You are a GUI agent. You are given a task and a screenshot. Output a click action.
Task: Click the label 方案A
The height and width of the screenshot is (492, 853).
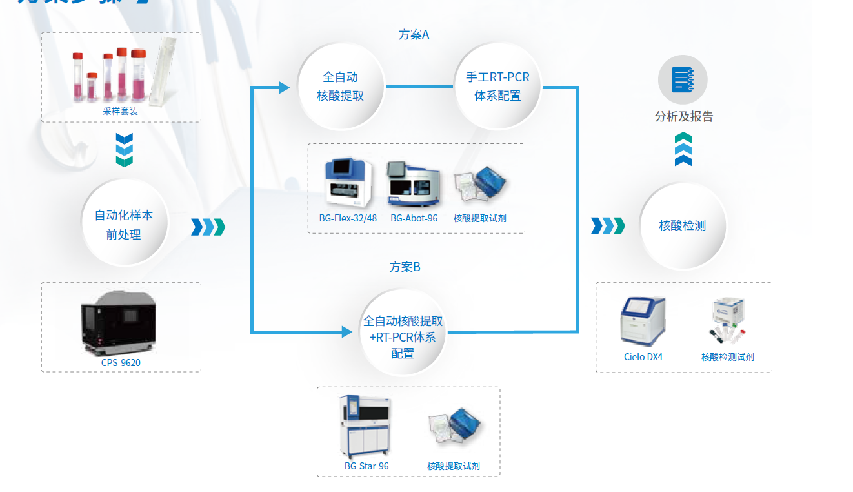click(x=414, y=35)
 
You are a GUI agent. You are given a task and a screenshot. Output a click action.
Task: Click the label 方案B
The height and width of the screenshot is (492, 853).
click(x=405, y=267)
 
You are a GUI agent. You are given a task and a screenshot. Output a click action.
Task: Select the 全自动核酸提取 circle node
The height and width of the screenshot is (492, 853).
click(x=341, y=87)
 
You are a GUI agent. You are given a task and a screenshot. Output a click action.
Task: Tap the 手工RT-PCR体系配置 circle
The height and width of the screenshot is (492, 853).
click(x=497, y=87)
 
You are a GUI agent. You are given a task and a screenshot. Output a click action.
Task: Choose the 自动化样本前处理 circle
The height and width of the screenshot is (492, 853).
click(x=124, y=224)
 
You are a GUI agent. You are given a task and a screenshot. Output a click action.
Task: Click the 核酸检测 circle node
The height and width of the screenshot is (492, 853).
click(x=683, y=225)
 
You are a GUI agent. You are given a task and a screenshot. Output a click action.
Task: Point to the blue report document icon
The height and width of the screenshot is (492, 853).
click(x=683, y=80)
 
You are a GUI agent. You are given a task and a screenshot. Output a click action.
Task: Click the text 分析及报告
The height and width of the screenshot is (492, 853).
click(x=684, y=117)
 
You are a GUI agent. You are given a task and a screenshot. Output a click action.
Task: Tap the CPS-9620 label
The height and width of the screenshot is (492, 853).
click(x=121, y=363)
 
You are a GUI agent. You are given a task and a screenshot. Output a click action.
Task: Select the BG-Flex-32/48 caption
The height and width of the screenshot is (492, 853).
click(x=348, y=218)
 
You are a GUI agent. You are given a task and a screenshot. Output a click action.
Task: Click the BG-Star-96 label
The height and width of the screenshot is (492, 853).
click(x=366, y=466)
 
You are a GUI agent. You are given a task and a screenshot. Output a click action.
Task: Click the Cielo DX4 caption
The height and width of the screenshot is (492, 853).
click(x=643, y=356)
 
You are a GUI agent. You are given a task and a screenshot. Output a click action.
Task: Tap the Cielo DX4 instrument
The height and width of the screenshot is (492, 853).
click(x=643, y=321)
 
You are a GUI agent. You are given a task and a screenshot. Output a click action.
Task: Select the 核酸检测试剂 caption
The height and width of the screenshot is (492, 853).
click(x=728, y=356)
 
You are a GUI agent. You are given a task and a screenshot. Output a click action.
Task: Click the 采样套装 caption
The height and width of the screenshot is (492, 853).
click(x=121, y=111)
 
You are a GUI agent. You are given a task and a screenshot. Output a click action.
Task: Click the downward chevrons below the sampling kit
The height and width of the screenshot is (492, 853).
click(x=124, y=149)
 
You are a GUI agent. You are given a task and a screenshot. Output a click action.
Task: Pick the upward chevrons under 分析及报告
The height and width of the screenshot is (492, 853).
click(x=683, y=149)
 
